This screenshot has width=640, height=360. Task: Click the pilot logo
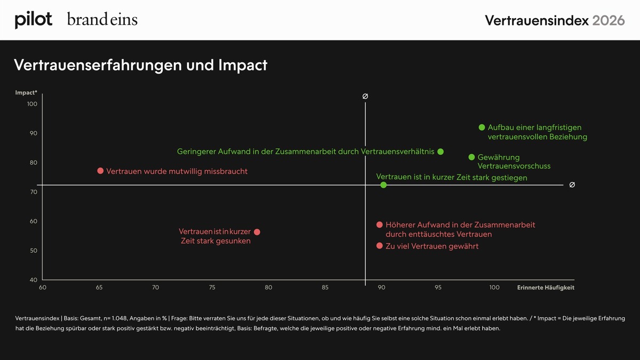tap(34, 20)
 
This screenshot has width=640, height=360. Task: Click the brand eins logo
tap(102, 19)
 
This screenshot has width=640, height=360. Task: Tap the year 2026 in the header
tap(609, 21)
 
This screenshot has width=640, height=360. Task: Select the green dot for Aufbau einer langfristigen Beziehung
tap(482, 127)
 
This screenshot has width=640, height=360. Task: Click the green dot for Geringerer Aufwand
tap(441, 151)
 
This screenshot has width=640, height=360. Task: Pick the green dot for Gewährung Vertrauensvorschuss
tap(471, 157)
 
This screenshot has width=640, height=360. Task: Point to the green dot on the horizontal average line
tap(383, 185)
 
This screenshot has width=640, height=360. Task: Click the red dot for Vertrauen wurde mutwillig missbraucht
tap(100, 171)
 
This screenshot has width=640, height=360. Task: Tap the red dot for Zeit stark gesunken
tap(257, 232)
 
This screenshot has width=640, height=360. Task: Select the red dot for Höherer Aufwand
tap(379, 225)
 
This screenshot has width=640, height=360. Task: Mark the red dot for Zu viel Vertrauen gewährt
tap(379, 246)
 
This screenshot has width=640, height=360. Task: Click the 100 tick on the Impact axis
tap(33, 104)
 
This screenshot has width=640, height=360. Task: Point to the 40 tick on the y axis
tap(34, 280)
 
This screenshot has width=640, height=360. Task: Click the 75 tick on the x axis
tap(212, 287)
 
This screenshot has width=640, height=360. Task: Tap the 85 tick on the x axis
tap(325, 287)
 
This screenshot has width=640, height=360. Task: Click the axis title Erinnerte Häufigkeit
tap(546, 287)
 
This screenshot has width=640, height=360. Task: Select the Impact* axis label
tap(26, 93)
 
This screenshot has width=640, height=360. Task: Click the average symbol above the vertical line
tap(365, 97)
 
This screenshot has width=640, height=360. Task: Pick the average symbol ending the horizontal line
tap(572, 185)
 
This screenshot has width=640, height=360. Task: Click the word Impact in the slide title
tap(243, 65)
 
